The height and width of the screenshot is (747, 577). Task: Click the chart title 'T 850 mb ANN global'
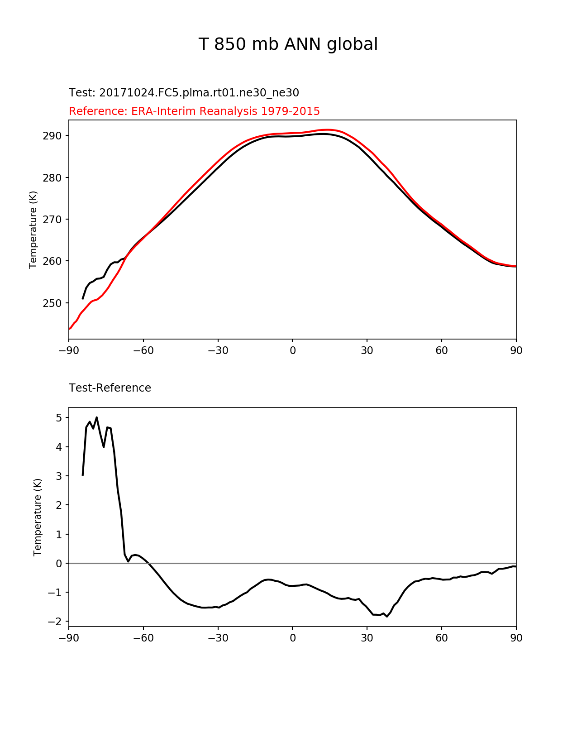[288, 45]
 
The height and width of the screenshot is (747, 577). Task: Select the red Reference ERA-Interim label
[194, 111]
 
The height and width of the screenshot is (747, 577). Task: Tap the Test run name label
[184, 93]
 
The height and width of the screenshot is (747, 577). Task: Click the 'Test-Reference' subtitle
[110, 388]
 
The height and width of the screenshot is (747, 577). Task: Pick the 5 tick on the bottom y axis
[59, 418]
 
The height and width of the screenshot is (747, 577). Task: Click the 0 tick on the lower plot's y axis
[59, 564]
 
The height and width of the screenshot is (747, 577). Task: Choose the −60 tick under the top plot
[143, 351]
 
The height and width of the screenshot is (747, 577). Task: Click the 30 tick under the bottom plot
[367, 638]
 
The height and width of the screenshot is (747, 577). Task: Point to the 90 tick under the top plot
[516, 351]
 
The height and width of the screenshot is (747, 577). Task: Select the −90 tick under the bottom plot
[69, 638]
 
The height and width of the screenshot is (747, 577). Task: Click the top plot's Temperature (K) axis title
[33, 230]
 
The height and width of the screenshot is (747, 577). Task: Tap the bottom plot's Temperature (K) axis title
[38, 517]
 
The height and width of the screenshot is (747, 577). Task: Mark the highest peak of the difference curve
[97, 417]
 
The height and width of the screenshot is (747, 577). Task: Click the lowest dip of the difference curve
[387, 617]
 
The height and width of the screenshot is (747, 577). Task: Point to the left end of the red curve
[69, 329]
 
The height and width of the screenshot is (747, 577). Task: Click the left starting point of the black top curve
[83, 299]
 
